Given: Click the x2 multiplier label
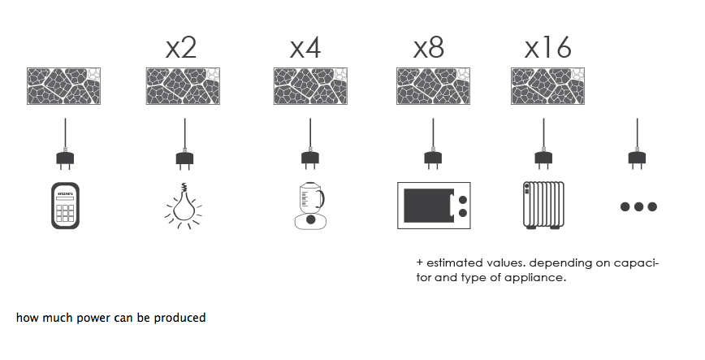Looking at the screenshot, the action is tap(181, 48).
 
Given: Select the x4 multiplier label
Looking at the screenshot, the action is tap(305, 48).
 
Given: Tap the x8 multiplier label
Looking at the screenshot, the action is tap(429, 48).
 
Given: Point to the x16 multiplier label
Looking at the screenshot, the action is tap(547, 48).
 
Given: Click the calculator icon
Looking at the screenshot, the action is tap(65, 206).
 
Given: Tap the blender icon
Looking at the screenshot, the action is tap(310, 206).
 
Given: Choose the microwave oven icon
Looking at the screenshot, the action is tap(434, 206).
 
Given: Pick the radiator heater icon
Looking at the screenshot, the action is tap(543, 206).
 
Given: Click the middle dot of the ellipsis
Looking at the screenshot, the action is tap(638, 206).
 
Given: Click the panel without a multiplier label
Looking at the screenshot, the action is tap(63, 86).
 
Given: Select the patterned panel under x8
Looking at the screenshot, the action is tap(433, 86).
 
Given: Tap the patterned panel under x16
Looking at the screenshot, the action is tap(547, 86).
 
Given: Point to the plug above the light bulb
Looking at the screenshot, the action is tap(184, 158).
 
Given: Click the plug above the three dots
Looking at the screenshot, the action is tap(637, 158).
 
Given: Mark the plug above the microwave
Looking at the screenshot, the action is tap(433, 158).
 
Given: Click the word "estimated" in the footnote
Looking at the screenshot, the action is tap(454, 262).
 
